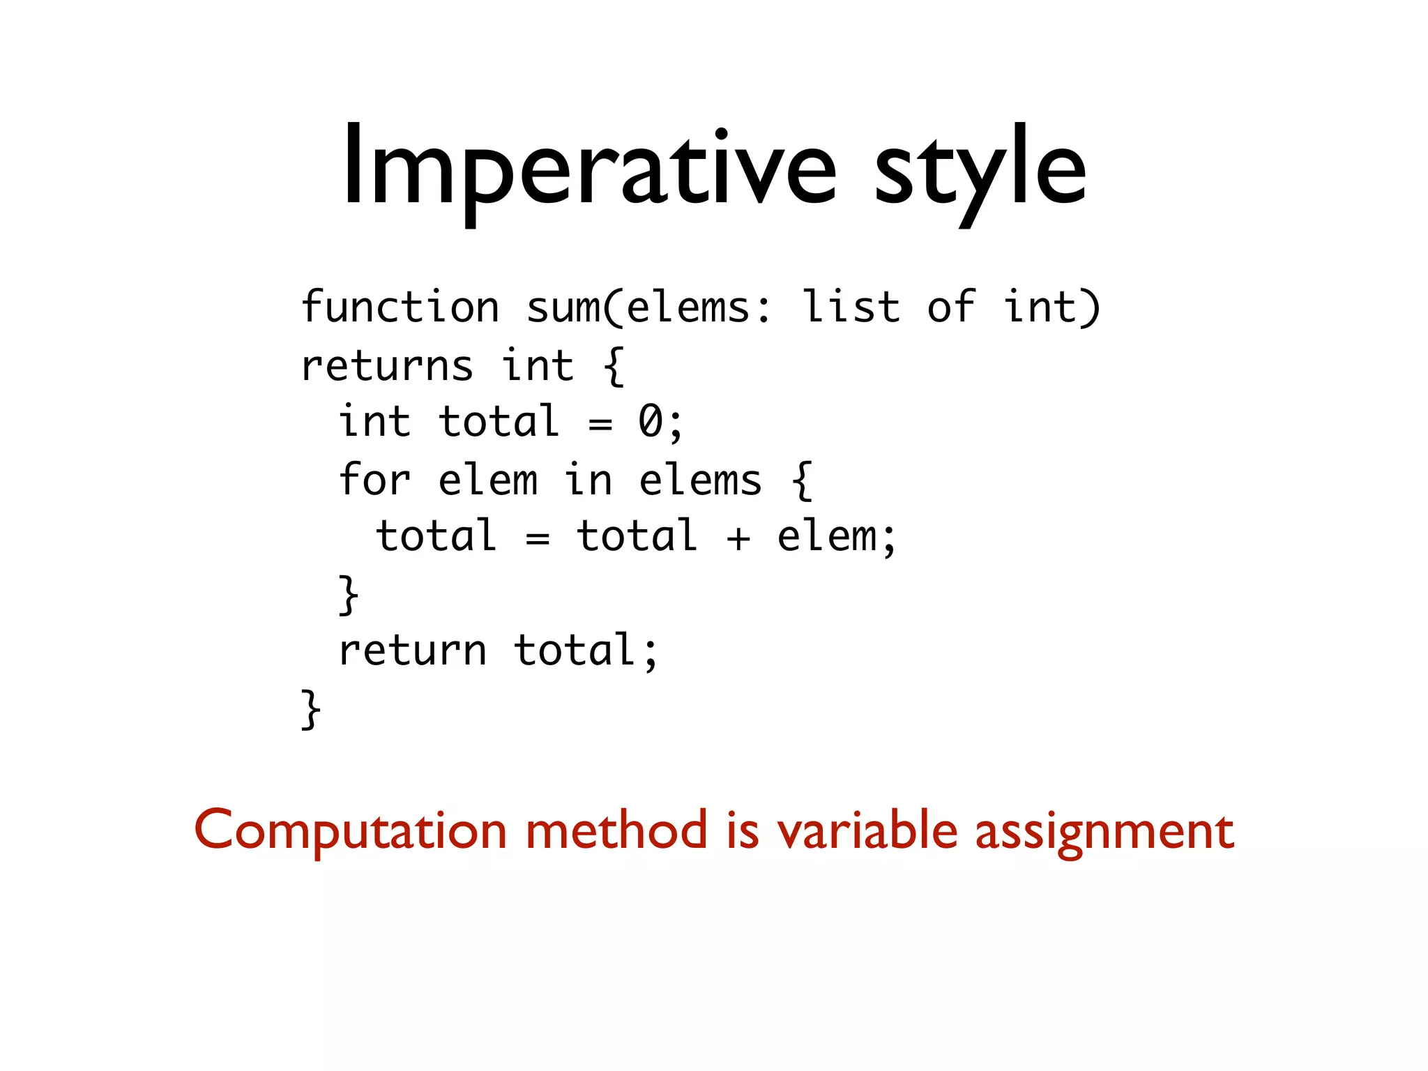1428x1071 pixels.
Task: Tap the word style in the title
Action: point(979,171)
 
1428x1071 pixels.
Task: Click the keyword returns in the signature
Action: point(386,366)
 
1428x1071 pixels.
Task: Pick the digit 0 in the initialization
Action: point(651,422)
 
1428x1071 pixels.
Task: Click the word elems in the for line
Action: point(700,481)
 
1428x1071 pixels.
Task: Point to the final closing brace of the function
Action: point(311,709)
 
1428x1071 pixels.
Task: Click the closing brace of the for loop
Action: point(349,595)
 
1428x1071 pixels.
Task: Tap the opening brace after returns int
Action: point(613,366)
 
